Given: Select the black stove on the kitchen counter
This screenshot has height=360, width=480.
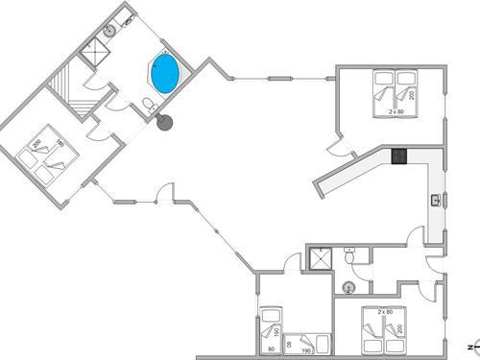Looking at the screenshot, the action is tap(400, 156).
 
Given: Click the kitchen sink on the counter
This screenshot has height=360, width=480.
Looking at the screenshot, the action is tap(436, 200).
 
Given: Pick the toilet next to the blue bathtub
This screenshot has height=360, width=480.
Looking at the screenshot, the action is tap(146, 106).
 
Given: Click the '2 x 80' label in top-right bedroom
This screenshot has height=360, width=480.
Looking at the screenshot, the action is tap(395, 111).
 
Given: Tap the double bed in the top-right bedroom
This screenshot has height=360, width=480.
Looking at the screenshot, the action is tap(391, 91).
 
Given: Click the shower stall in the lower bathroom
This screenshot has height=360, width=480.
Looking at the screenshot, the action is tap(319, 259).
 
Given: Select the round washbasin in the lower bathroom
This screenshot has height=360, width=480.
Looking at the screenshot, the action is tap(349, 287).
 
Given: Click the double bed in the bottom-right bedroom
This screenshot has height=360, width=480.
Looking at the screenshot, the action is tap(382, 331).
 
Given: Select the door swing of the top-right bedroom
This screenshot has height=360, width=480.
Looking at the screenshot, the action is tap(337, 146).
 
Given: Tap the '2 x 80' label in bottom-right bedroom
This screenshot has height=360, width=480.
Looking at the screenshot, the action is tap(387, 311).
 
